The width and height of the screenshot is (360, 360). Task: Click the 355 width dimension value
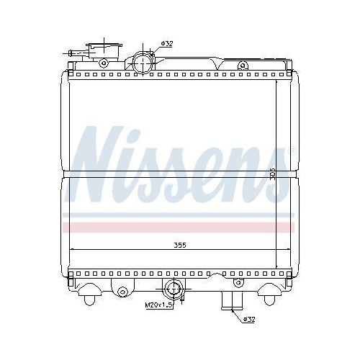[x=180, y=246]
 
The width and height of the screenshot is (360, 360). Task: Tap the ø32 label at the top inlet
[x=166, y=44]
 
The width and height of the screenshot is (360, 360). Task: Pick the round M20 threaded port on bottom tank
[x=174, y=292]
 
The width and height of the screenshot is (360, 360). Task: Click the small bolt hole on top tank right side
[x=242, y=66]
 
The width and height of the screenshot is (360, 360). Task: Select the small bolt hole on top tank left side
[x=104, y=63]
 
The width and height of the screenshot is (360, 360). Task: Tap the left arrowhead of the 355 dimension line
[x=70, y=250]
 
